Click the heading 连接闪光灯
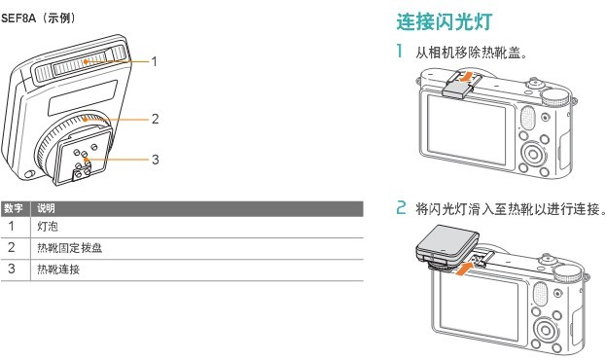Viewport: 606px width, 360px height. tap(445, 21)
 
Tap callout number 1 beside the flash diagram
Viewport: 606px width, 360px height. tap(155, 62)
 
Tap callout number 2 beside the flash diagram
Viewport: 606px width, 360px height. tap(155, 119)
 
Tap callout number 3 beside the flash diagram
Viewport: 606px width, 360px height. tap(155, 160)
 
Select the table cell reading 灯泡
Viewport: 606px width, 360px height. tap(48, 226)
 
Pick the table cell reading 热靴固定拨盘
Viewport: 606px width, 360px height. tap(70, 247)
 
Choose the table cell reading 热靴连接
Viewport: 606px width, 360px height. tap(58, 269)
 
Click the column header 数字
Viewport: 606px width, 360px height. tap(14, 208)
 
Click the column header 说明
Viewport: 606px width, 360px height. tap(46, 208)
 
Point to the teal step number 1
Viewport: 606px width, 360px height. tap(400, 51)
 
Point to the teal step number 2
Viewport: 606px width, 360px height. tap(401, 207)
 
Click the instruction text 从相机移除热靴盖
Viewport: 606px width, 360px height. tap(471, 53)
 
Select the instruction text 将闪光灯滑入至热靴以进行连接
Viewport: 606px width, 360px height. tap(511, 209)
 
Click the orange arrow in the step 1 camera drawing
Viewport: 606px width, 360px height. tap(466, 76)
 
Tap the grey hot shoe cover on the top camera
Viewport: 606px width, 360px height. tap(457, 90)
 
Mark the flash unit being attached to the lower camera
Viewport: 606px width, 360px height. tap(447, 245)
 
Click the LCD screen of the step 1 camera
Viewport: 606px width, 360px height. tap(466, 129)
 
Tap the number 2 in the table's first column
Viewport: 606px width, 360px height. tap(12, 247)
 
